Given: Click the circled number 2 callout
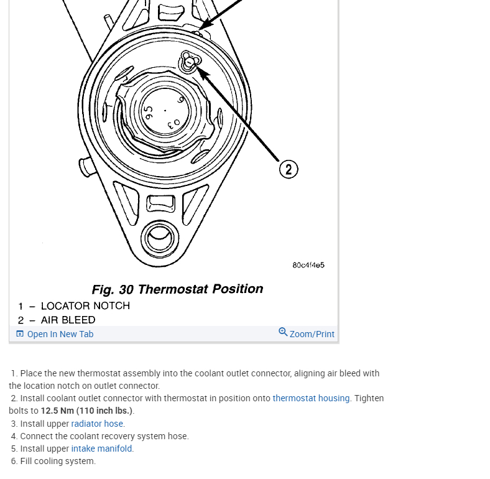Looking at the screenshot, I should pos(289,169).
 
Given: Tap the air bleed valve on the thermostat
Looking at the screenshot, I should pos(189,61).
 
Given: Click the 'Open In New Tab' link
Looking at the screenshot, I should pos(60,334).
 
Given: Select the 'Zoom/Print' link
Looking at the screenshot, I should pos(312,334).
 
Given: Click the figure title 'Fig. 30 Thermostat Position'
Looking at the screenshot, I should pos(177,289).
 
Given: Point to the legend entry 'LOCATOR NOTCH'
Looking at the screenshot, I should pos(85,306).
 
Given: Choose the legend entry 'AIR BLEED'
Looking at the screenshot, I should pos(68,320).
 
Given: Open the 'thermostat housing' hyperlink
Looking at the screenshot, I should pos(311,398).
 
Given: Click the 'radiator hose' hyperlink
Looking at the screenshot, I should pos(97,424).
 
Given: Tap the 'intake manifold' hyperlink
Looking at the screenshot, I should pos(101,449).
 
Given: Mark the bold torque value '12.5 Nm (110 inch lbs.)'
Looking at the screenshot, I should pos(86,411).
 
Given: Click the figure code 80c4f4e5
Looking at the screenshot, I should pos(308,265).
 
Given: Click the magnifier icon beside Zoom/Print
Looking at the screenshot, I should pos(283,332).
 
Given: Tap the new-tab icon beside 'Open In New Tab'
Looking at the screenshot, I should pos(20,334).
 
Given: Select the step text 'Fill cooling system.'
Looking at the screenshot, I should pos(58,461).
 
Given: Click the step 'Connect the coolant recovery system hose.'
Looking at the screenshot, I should pos(104,436).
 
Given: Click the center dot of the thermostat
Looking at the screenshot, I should pos(165,111).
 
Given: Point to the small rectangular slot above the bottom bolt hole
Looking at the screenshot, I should pos(160,202).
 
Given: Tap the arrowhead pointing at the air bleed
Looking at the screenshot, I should pos(201,72).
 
